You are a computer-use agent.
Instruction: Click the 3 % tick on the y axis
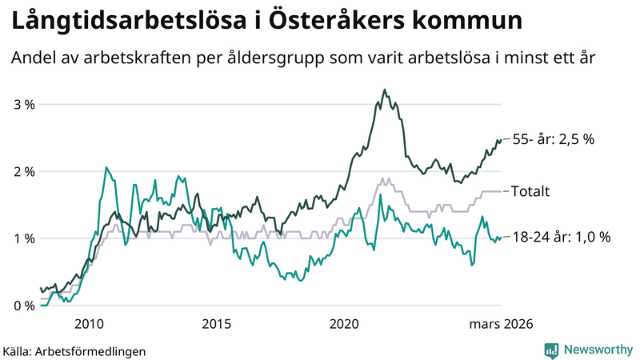click(x=24, y=104)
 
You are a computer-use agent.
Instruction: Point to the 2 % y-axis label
click(x=24, y=171)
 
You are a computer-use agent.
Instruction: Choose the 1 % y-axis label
click(x=24, y=238)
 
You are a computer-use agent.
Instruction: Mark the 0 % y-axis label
click(x=24, y=306)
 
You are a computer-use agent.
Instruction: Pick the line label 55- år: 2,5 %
click(x=553, y=139)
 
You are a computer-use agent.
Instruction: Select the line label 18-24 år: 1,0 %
click(x=561, y=237)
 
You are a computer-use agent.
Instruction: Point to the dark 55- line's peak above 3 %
click(x=385, y=90)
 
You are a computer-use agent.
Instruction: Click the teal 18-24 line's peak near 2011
click(x=106, y=167)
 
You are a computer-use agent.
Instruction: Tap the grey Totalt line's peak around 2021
click(x=383, y=178)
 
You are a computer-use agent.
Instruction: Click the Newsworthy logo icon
click(x=551, y=350)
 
